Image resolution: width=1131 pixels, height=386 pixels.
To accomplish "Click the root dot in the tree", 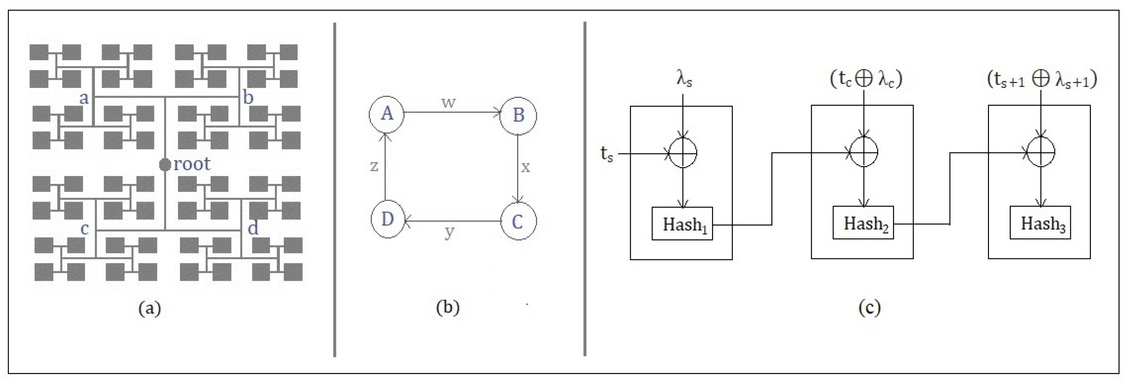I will pos(165,165).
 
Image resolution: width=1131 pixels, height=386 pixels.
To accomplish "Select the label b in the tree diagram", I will pos(248,97).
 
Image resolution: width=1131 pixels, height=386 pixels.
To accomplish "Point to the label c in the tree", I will pos(85,229).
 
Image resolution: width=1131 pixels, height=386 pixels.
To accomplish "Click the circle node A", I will pos(386,114).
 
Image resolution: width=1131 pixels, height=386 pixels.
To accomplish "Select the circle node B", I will pos(519,115).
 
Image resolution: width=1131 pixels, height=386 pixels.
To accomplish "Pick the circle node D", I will pos(387,219).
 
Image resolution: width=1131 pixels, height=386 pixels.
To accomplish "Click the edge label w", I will pos(448,102).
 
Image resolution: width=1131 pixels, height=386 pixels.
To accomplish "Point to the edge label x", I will pos(526,167).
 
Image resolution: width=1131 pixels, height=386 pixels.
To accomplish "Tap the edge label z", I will pos(374,166).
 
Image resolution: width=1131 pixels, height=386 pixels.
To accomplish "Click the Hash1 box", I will pos(682,224).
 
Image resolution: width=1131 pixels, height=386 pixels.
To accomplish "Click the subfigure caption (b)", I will pos(448,307).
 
